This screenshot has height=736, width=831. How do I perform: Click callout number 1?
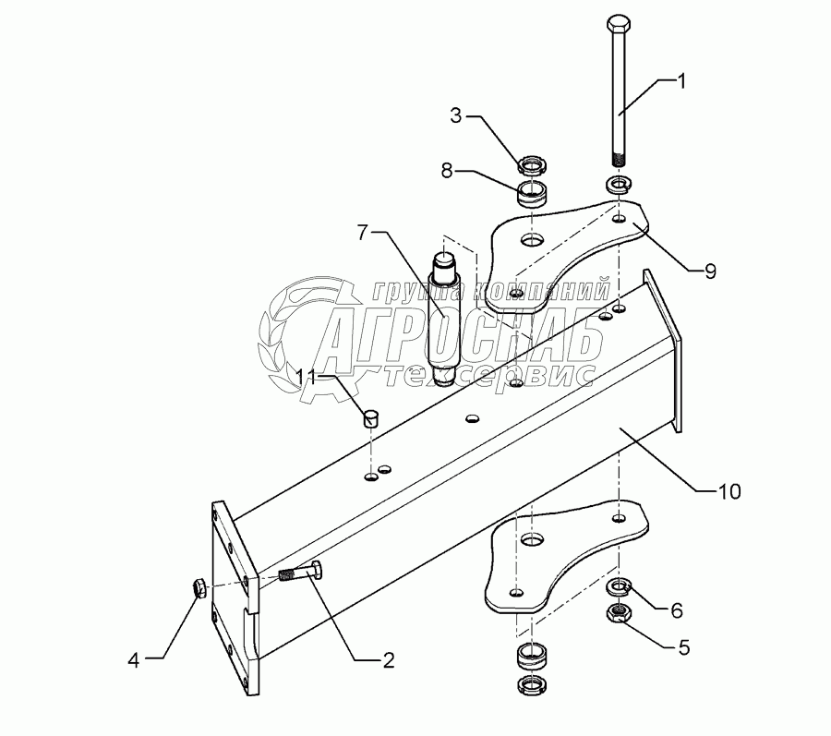pos(681,81)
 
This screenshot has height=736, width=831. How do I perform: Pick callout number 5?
pos(684,647)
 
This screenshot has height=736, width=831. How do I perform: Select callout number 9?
pos(709,271)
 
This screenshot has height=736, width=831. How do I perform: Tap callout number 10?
pos(729,491)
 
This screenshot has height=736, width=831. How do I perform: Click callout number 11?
pos(307,376)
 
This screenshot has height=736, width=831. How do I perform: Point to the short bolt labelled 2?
pos(299,574)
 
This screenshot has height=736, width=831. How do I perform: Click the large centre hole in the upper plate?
pos(531,240)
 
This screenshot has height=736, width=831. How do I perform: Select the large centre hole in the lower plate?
pos(530,539)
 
